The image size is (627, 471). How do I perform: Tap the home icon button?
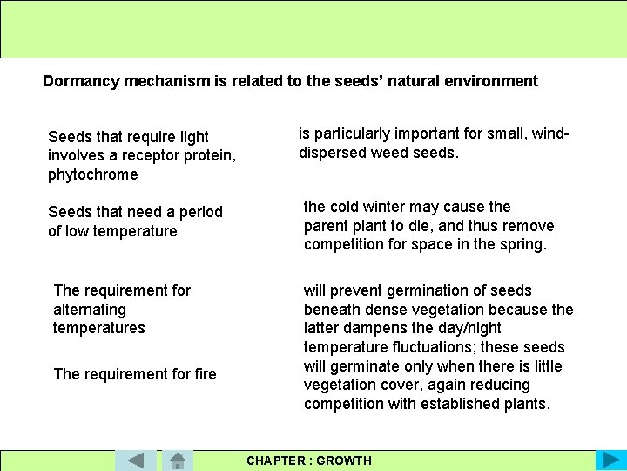pos(177,461)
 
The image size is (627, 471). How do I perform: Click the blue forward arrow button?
pos(609,461)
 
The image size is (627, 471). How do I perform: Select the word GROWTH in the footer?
pos(344,461)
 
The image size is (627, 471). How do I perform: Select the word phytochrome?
pos(92,174)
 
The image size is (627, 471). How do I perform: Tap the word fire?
pos(206,374)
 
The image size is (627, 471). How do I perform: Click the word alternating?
pos(90,310)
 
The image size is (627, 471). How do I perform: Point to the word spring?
pos(522,244)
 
